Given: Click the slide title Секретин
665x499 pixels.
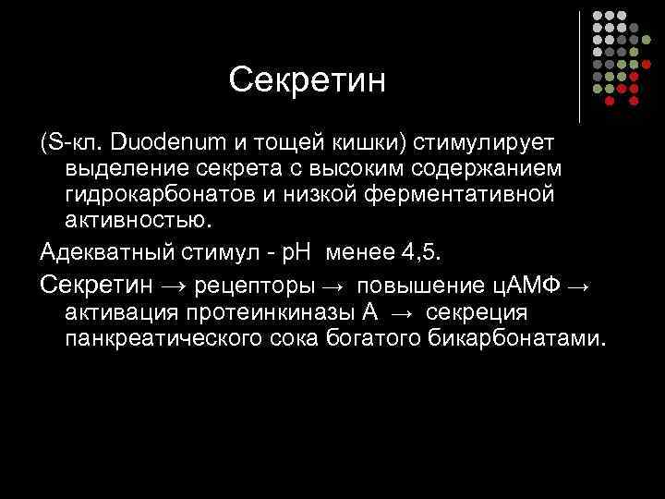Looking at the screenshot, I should (307, 79).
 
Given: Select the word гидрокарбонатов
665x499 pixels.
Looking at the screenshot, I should (158, 195).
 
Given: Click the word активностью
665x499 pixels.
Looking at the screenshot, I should (138, 221).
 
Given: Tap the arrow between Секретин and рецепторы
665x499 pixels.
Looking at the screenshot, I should (171, 283).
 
